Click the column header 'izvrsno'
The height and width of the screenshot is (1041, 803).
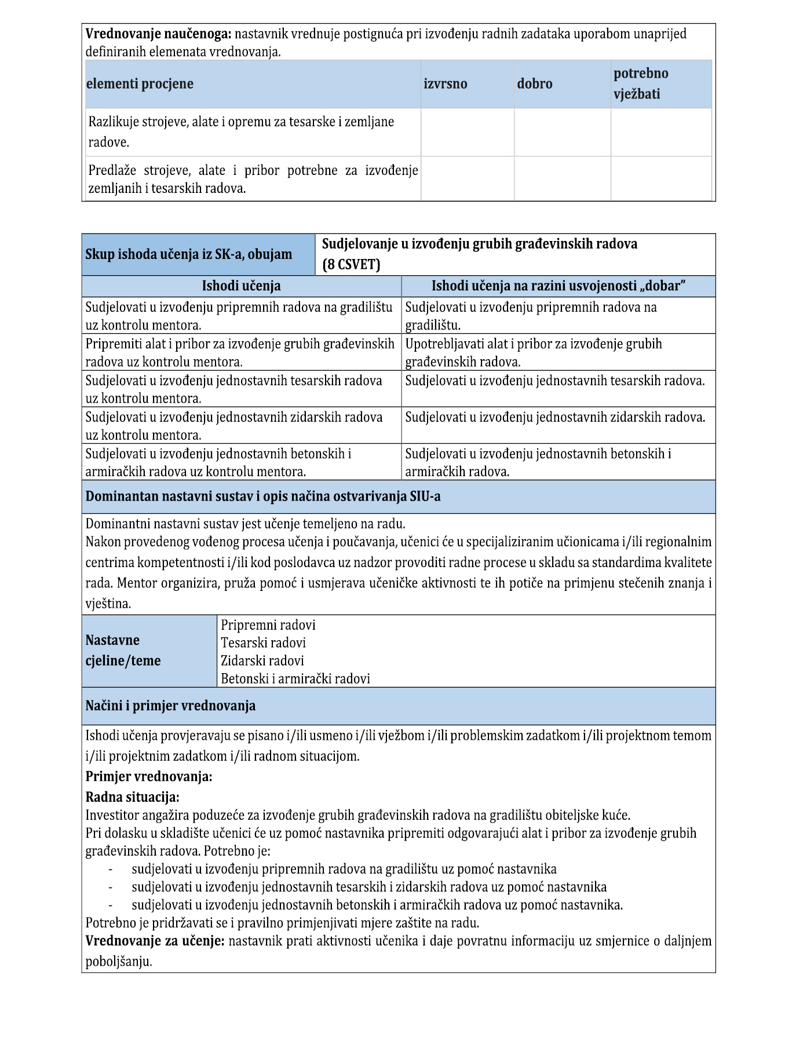[445, 84]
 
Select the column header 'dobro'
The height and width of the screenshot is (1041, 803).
[534, 84]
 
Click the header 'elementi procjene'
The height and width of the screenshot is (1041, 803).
[140, 84]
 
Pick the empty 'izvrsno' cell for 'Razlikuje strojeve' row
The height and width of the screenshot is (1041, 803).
[467, 132]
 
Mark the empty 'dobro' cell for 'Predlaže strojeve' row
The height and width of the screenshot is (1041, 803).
[562, 179]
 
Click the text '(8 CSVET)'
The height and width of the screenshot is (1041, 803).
[351, 265]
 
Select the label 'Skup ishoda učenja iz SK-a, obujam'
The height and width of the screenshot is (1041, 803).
[188, 254]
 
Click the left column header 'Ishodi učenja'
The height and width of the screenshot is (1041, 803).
[241, 286]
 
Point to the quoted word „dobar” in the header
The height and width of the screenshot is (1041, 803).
[662, 286]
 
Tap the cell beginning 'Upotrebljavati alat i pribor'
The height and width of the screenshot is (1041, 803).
[533, 352]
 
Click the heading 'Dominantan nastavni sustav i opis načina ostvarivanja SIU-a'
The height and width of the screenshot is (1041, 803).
[262, 496]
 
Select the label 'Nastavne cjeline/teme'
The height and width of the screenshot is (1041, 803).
[123, 651]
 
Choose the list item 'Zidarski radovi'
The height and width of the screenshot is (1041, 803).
[262, 661]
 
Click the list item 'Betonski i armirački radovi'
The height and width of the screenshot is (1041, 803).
[295, 679]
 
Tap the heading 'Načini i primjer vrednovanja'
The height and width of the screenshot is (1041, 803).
[170, 706]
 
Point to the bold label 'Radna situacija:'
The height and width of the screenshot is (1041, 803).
[132, 797]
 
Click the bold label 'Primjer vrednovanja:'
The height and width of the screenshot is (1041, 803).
[149, 777]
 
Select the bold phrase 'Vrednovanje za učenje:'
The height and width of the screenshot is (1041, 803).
[155, 941]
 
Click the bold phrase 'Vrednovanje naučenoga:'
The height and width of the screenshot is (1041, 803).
[158, 34]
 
